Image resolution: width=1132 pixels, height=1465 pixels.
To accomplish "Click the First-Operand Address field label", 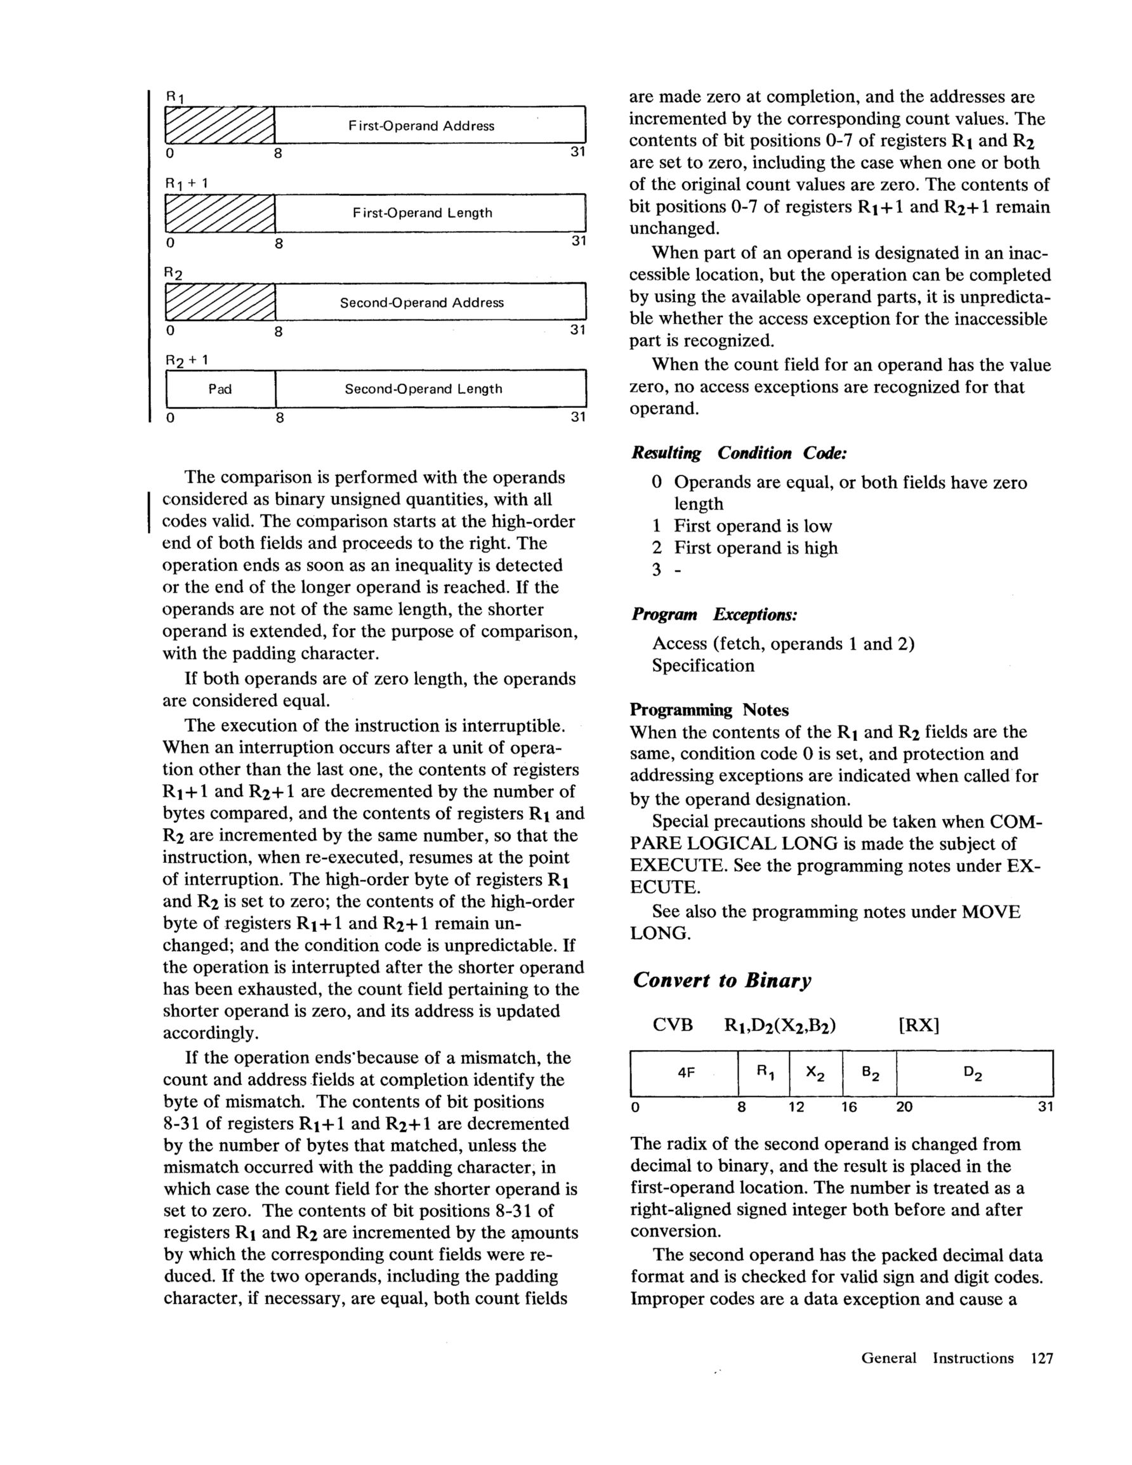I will click(421, 126).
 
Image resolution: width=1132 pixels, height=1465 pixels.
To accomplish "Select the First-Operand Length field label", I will click(422, 213).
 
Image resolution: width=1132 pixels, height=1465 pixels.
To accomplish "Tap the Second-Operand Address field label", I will click(421, 303).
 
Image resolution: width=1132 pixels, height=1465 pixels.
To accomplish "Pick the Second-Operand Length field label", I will click(423, 389).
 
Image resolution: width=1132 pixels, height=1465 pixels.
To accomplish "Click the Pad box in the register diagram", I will click(220, 389).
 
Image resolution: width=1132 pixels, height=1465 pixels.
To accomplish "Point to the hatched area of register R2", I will click(220, 303).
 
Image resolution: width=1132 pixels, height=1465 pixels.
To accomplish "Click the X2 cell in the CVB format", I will click(815, 1074).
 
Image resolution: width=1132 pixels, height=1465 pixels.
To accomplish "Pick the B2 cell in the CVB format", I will click(870, 1074).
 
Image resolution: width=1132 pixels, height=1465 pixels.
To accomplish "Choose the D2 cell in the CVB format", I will click(973, 1074).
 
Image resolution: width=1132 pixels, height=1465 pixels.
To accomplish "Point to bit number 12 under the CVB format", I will click(796, 1107).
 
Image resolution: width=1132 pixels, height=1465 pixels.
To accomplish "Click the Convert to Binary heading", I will click(722, 981).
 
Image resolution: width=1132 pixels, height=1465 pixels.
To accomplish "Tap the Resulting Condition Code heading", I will click(739, 454).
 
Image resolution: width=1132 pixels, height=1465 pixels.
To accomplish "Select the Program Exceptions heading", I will click(714, 615).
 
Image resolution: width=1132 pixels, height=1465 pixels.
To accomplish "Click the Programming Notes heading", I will click(709, 710).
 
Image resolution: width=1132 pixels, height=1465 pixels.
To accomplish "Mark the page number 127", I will click(1041, 1358).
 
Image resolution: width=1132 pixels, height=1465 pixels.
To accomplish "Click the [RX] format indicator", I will click(919, 1026).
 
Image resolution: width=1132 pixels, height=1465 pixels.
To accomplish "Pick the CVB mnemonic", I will click(673, 1026).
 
